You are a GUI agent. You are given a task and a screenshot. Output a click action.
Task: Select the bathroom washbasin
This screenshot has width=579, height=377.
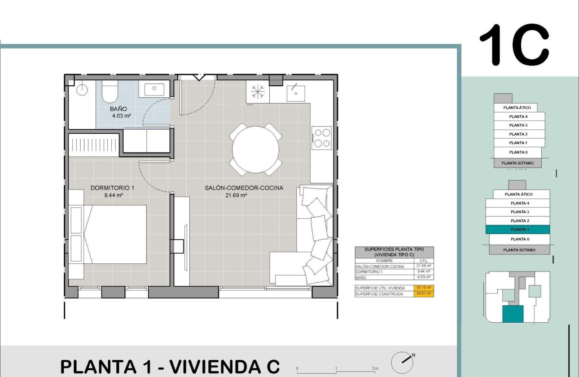pos(154,89)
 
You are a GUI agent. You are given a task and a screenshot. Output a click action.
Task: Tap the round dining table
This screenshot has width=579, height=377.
pos(255,150)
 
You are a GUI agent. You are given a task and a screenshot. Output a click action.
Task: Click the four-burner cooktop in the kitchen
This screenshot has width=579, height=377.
pos(321,138)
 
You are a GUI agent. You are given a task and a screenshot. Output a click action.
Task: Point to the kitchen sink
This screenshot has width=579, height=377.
pos(296,93)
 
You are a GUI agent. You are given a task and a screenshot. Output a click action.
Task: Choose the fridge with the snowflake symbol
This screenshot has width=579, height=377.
pos(258,92)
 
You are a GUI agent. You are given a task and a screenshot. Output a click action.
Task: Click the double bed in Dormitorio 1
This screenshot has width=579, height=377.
pos(114,234)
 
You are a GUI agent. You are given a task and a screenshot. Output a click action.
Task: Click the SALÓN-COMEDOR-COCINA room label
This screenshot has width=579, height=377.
pos(244,188)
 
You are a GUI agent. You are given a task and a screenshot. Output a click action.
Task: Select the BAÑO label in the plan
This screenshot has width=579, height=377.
pos(118,109)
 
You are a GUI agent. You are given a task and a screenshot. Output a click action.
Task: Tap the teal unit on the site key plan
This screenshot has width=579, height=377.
pos(513,314)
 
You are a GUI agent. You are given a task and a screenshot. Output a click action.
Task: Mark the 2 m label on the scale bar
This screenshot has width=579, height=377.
pos(376,368)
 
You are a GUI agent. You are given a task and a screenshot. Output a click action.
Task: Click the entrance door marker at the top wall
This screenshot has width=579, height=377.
pos(198,77)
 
